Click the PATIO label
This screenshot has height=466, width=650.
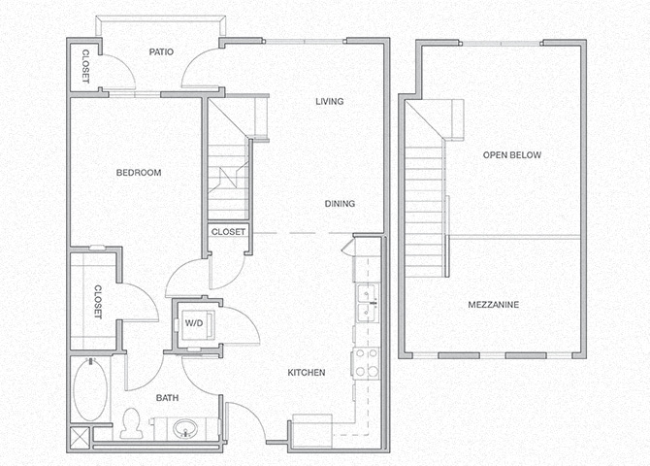pos(161,52)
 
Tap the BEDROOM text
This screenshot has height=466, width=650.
pos(138,173)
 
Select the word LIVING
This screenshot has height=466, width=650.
pos(331,102)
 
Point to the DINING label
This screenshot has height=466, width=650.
pos(340,204)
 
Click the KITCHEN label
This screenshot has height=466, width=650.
pos(306,373)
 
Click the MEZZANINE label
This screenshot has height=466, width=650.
pos(493,305)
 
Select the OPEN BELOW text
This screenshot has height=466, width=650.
pos(511,155)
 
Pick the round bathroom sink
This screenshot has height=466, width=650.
pos(185,428)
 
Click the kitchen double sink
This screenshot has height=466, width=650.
pos(367,303)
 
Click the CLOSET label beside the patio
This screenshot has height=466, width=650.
pos(85,67)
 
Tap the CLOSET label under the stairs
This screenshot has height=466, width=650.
pos(228,232)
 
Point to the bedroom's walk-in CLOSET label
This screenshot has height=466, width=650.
pos(98,302)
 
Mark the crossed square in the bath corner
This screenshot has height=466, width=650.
pos(81,436)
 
